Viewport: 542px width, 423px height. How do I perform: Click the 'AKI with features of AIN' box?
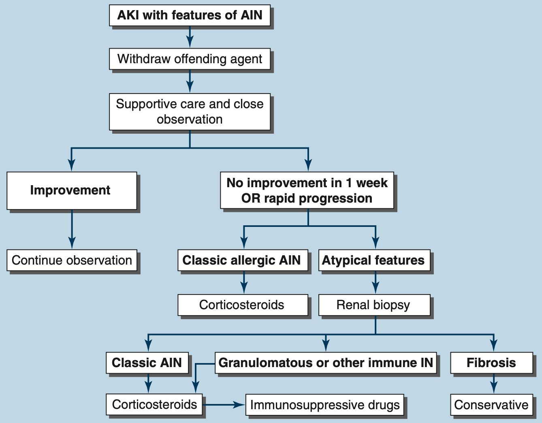click(x=190, y=15)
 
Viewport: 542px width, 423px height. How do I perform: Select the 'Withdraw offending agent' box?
click(x=190, y=59)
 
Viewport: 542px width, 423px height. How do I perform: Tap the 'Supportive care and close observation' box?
click(x=190, y=112)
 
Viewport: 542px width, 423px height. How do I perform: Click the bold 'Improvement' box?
click(x=72, y=190)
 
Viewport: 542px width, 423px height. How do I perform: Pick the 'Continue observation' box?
click(x=72, y=260)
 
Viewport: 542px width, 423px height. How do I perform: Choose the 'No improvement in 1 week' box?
click(x=307, y=190)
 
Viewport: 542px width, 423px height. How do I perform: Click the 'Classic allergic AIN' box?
click(x=242, y=260)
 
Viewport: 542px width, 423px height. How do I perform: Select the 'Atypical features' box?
click(x=374, y=260)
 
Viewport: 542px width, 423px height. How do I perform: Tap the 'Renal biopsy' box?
click(x=374, y=305)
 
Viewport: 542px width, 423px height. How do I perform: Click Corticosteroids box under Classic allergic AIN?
click(x=242, y=305)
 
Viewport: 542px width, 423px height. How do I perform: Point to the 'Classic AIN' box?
click(x=147, y=363)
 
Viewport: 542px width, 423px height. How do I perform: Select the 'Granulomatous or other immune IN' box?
click(x=326, y=363)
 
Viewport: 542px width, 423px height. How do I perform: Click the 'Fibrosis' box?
click(x=491, y=363)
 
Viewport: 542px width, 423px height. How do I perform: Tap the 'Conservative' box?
click(x=491, y=404)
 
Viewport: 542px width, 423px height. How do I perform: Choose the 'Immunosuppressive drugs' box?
click(x=325, y=404)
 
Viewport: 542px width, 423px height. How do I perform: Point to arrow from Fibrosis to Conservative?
click(x=493, y=383)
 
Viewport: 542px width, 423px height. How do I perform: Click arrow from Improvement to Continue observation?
click(x=72, y=229)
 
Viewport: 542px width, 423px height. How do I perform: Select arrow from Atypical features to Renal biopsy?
click(x=376, y=282)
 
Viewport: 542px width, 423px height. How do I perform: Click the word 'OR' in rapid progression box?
click(x=250, y=198)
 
